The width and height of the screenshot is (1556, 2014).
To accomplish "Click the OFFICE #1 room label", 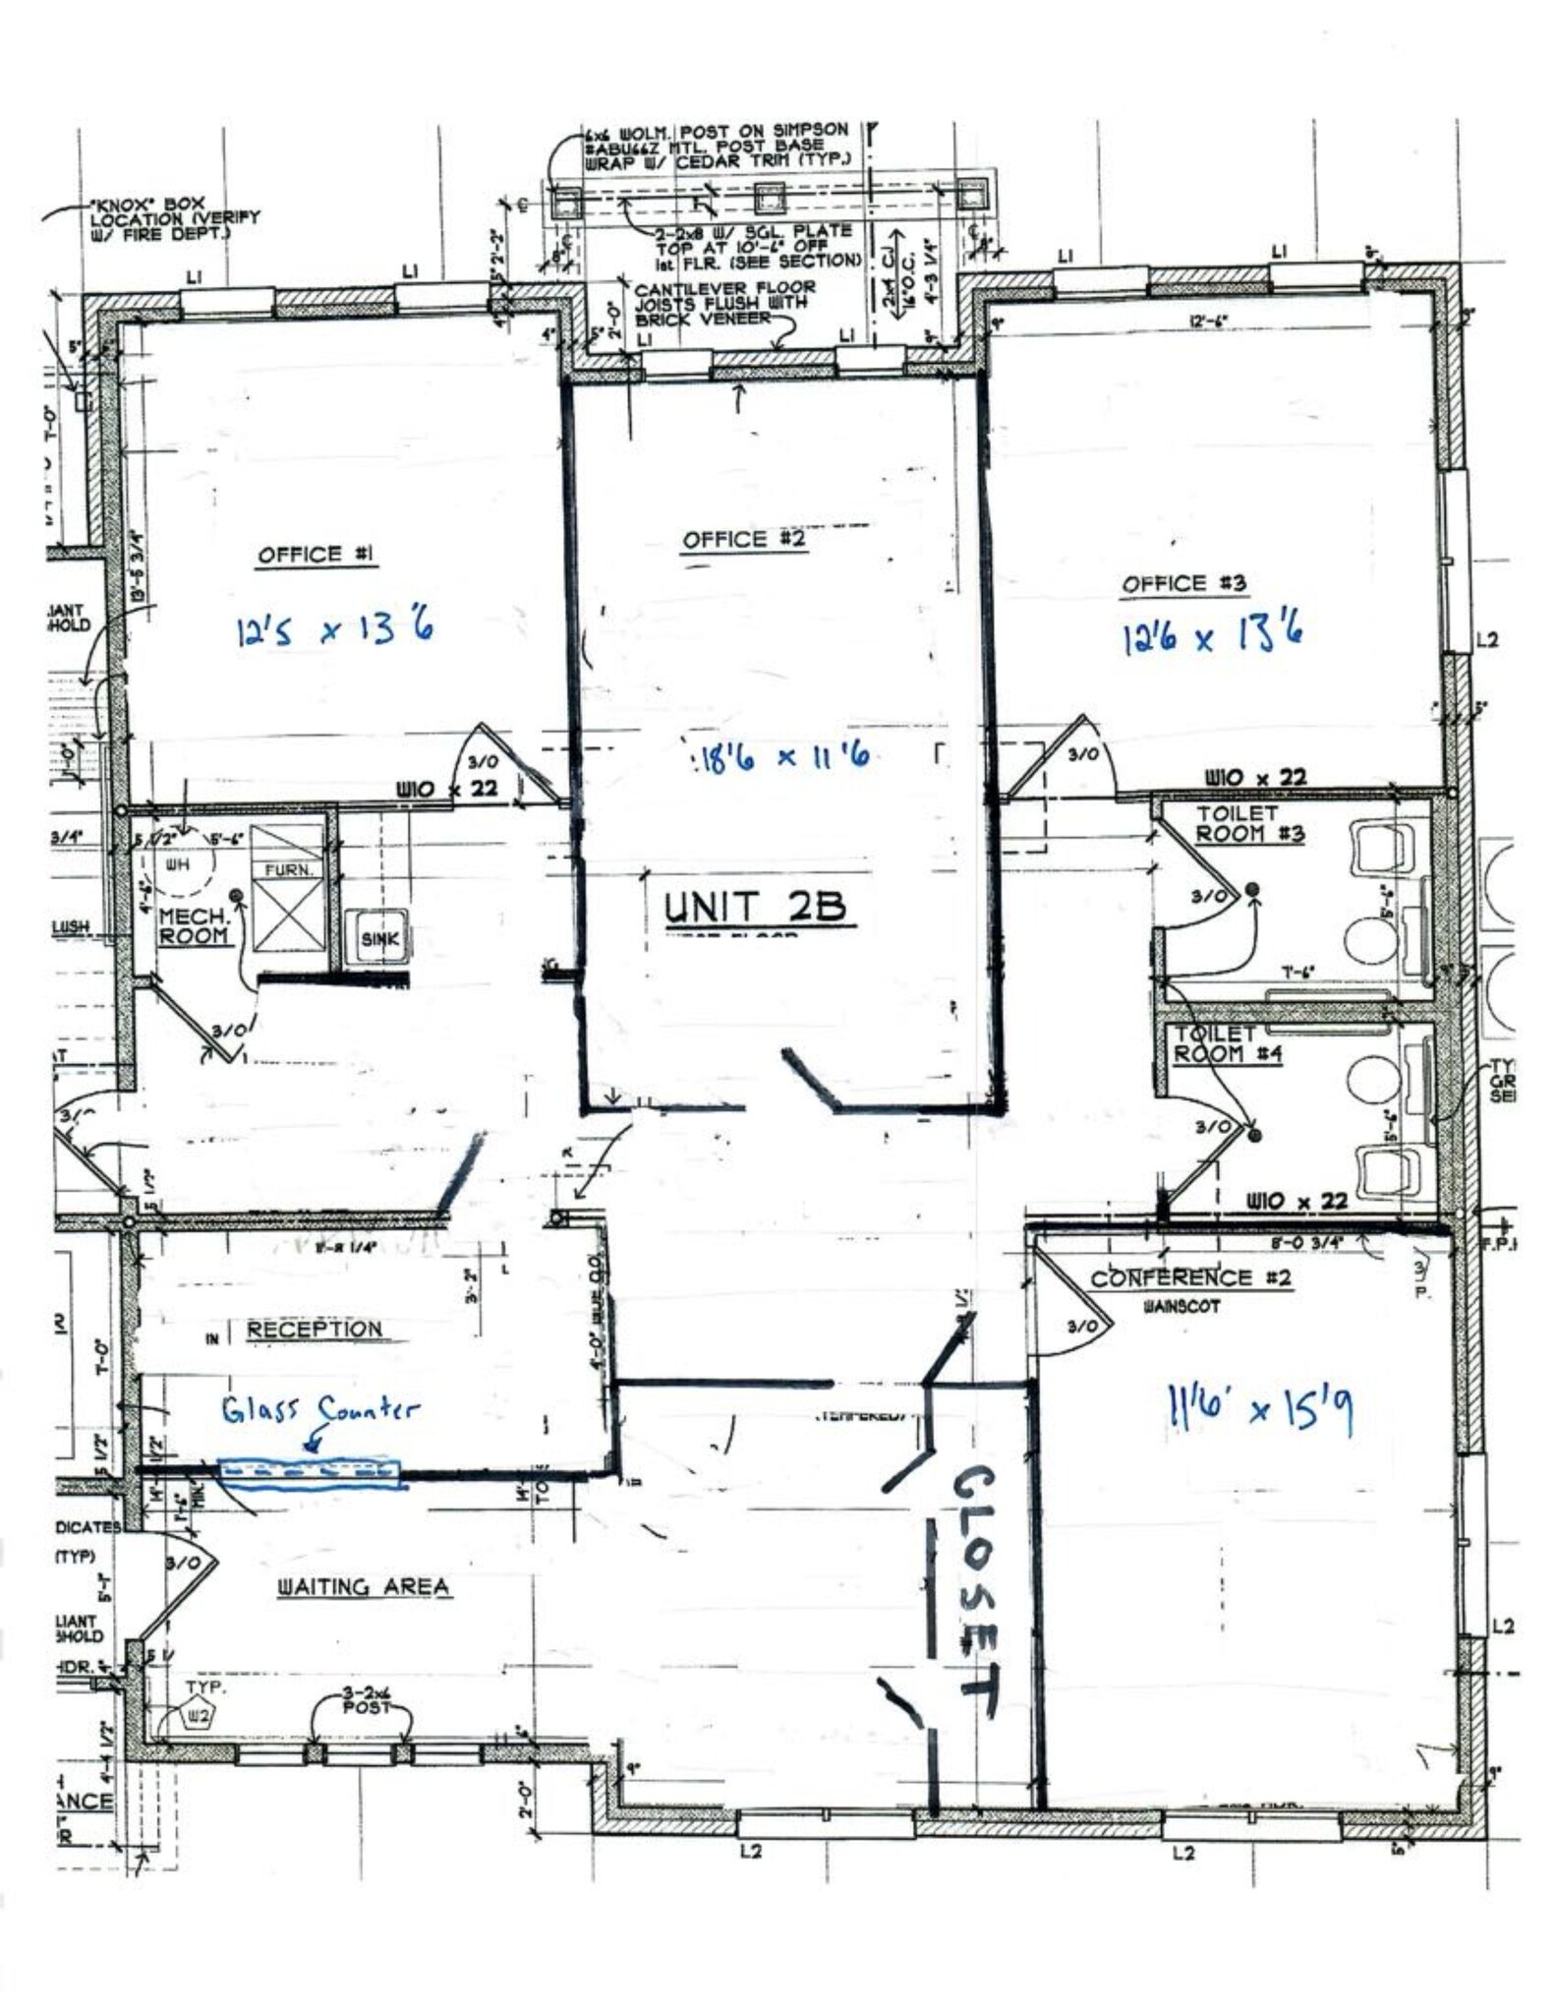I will (x=316, y=555).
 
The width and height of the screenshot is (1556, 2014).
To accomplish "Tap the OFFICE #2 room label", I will (x=744, y=539).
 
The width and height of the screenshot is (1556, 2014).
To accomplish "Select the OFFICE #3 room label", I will (x=1184, y=583).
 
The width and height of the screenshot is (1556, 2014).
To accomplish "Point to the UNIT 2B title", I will (x=754, y=906).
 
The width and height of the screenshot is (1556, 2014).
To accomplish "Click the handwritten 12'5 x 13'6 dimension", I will (x=334, y=628).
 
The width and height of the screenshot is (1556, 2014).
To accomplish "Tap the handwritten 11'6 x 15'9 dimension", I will (x=1257, y=1409).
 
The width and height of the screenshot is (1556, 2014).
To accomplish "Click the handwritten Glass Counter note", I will (x=319, y=1411).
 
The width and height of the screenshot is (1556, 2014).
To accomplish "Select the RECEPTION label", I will (x=314, y=1330).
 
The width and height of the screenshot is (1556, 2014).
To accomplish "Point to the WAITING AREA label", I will (x=363, y=1586).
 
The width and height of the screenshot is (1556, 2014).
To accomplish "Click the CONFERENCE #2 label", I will (x=1190, y=1278).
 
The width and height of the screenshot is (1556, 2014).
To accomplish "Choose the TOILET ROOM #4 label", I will (x=1215, y=1043).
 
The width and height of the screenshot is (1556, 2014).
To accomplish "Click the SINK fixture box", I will (x=379, y=938).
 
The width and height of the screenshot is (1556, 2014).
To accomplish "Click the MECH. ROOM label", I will (x=194, y=926).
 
